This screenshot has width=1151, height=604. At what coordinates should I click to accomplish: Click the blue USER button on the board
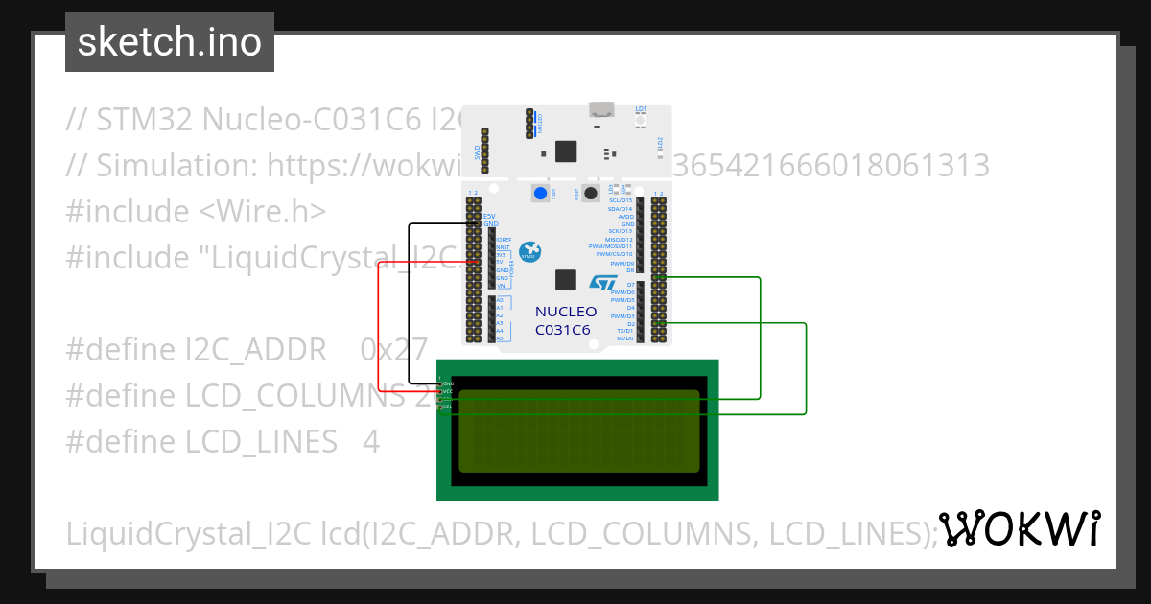(540, 194)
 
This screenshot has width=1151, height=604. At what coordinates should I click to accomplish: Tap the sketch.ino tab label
(170, 42)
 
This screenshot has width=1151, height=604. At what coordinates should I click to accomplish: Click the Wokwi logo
(1019, 529)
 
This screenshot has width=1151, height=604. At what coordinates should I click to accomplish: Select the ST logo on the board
(603, 283)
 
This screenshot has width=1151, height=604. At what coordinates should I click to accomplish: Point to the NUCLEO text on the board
(566, 312)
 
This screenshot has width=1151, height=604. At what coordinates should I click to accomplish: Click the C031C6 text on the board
(563, 330)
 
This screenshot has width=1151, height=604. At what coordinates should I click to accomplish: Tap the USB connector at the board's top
(603, 109)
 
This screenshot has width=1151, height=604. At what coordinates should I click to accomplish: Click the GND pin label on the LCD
(448, 383)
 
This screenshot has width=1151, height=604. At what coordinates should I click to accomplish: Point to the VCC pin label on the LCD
(448, 391)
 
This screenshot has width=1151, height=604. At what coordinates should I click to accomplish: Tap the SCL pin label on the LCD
(448, 407)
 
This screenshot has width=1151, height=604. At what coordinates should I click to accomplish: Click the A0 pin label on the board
(500, 300)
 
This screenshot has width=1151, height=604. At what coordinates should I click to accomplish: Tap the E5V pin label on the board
(488, 216)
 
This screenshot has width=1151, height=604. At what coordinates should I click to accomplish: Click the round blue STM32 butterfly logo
(530, 251)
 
